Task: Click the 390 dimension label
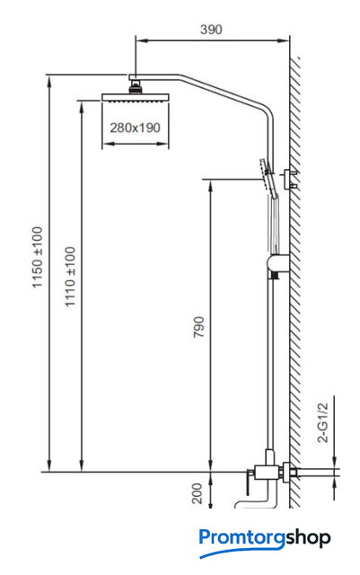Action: click(211, 29)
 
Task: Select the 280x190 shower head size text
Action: click(136, 128)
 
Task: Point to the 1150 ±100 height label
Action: click(38, 258)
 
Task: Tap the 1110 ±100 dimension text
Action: click(70, 277)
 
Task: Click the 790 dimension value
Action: click(198, 327)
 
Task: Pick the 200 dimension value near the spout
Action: click(198, 493)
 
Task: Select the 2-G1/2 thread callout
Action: click(323, 422)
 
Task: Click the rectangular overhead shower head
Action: click(136, 98)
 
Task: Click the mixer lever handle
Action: click(249, 482)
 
